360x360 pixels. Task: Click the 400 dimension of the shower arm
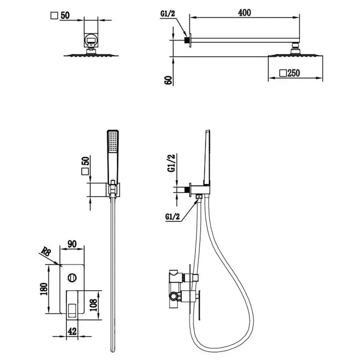click(x=244, y=13)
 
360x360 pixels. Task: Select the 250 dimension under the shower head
click(x=294, y=73)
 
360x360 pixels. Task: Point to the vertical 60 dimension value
click(x=169, y=80)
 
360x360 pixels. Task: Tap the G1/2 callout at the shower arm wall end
click(x=168, y=14)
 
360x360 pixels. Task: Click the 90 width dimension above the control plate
click(x=72, y=244)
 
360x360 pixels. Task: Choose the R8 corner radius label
click(x=46, y=252)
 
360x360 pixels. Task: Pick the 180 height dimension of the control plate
click(x=44, y=289)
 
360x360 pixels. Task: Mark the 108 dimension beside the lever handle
click(x=94, y=305)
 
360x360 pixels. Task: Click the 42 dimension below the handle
click(x=72, y=331)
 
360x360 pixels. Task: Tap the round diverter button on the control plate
click(x=72, y=278)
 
